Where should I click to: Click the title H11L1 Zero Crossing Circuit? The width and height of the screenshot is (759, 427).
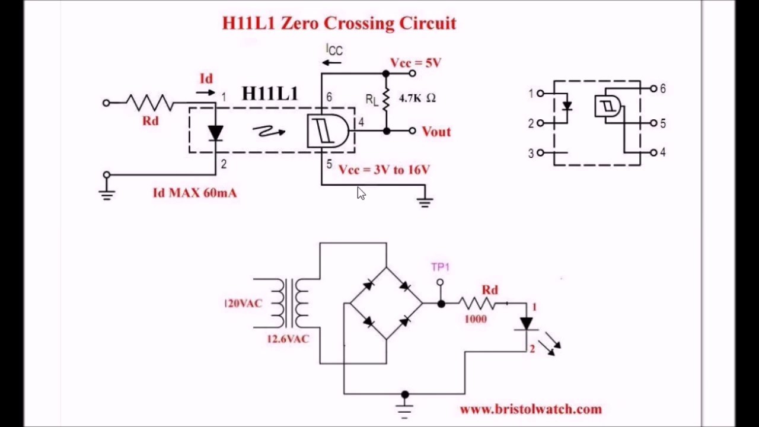339,23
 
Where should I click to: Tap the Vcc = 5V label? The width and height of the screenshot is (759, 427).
416,63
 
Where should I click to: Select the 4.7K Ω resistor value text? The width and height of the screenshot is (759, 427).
417,98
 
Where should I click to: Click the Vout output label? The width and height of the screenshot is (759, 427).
436,132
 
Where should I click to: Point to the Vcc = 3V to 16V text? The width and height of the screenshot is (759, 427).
384,170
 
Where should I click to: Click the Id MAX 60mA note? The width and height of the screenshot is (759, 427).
194,193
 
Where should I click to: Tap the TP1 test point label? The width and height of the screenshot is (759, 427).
440,267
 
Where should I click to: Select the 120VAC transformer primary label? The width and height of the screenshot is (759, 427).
243,304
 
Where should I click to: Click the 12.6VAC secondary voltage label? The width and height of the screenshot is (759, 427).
288,339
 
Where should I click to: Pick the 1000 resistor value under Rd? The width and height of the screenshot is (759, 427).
476,319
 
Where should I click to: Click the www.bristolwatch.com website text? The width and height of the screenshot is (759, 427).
531,409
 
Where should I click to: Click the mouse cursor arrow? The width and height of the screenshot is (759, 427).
361,193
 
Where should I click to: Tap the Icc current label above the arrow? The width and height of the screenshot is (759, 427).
334,50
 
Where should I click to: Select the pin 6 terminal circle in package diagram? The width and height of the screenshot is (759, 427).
653,88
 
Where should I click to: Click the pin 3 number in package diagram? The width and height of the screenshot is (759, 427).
531,154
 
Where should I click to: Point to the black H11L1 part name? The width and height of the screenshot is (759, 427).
270,94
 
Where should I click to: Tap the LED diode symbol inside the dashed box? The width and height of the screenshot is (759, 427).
216,133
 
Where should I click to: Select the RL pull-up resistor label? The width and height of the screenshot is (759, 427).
371,100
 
